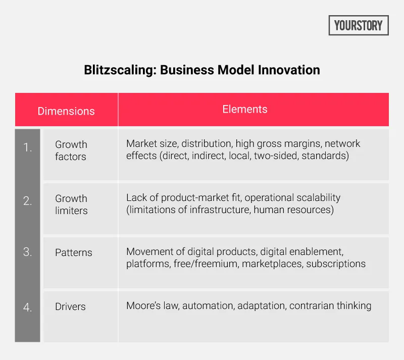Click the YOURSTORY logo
coord(358,25)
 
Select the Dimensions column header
coord(66,111)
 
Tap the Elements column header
coord(245,109)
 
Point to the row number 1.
coord(27,147)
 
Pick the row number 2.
coord(27,201)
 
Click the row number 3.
coord(27,252)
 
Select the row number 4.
coord(27,306)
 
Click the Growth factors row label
coord(71,150)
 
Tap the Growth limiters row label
coord(71,204)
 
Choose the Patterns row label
coord(74,252)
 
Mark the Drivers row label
coord(70,306)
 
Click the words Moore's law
coord(147,305)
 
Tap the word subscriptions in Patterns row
coord(336,264)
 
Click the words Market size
coord(149,144)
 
